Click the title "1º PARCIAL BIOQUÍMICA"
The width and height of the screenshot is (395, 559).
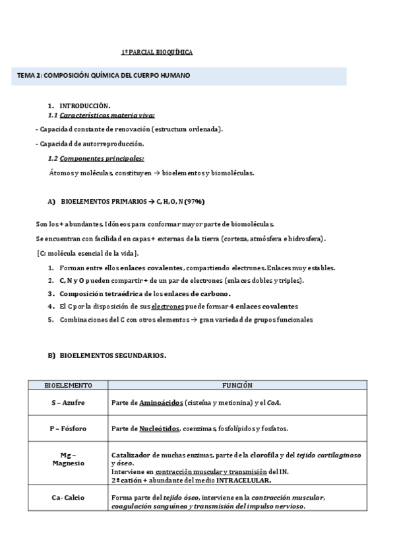coord(157,51)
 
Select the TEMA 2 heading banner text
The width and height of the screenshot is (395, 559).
coord(104,76)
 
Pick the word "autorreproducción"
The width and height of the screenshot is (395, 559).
coord(115,144)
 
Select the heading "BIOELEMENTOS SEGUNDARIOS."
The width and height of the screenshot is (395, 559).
coord(113,355)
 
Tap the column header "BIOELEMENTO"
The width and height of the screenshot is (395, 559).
coord(68,384)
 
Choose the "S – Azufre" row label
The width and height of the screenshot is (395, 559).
coord(68,402)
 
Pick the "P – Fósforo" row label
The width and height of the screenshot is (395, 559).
coord(68,428)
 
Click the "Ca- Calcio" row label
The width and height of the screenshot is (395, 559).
coord(68,498)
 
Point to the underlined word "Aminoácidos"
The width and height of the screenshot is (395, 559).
coord(161,402)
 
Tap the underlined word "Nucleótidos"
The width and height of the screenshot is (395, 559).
coord(159,428)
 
